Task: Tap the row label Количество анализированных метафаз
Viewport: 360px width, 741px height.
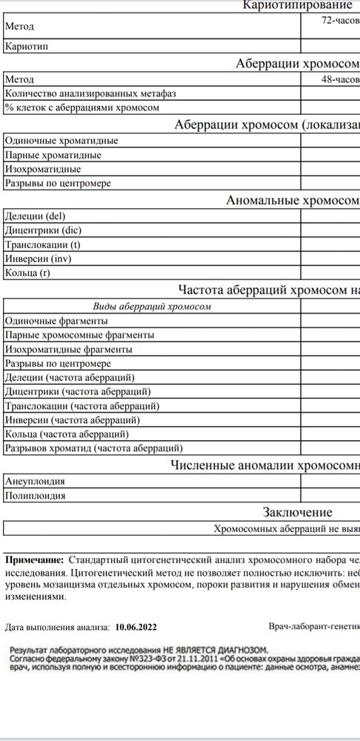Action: [90, 93]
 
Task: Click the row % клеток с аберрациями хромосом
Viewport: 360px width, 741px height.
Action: [81, 107]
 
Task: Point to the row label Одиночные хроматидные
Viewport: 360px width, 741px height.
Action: [61, 141]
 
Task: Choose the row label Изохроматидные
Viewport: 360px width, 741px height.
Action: [43, 170]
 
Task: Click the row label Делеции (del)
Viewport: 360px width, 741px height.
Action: [36, 216]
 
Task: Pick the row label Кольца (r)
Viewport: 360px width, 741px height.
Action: [30, 273]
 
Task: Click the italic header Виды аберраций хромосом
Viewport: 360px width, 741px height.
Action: [152, 306]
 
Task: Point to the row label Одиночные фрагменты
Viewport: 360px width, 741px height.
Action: [56, 321]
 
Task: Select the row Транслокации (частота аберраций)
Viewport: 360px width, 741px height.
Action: [81, 406]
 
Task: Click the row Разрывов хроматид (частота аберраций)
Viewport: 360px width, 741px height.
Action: [93, 448]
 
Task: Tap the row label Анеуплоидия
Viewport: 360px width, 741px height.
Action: [35, 480]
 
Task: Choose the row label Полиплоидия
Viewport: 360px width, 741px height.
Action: [35, 495]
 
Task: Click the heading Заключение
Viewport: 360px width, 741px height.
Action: [297, 513]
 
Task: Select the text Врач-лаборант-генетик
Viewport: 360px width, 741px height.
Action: [314, 627]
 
